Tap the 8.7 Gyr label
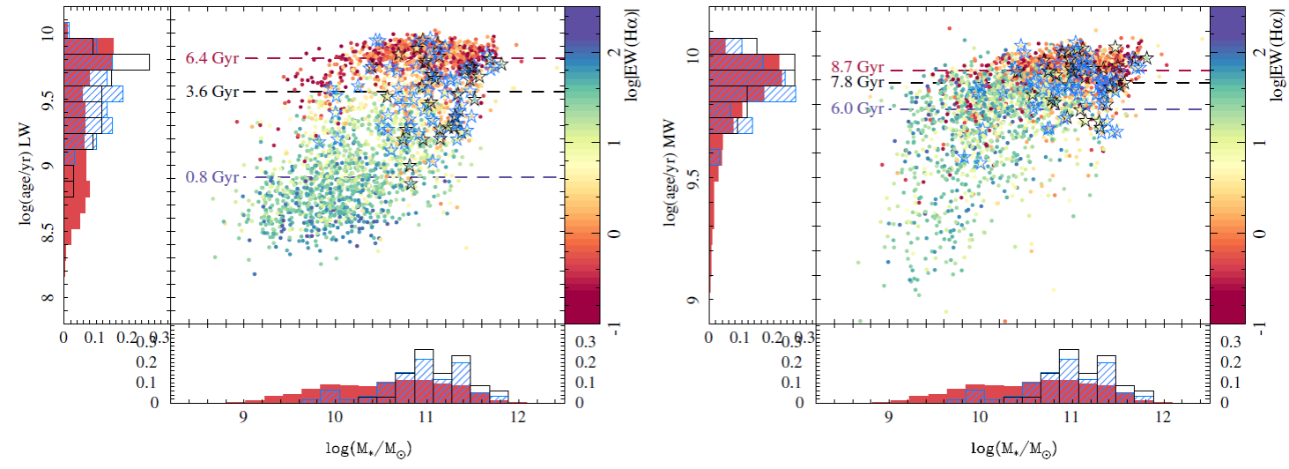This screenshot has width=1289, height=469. pos(857,68)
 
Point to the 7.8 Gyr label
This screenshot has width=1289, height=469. pos(857,82)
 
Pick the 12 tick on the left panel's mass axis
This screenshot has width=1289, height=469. pos(518,416)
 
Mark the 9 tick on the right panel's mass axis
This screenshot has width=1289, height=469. pos(889,416)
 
